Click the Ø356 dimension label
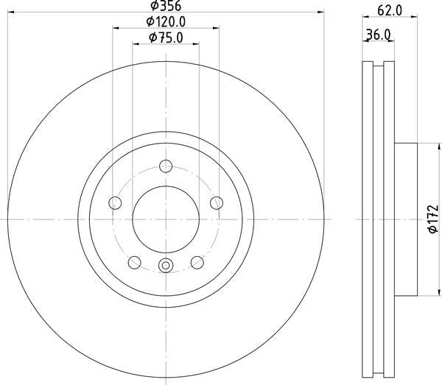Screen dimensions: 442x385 click(x=166, y=6)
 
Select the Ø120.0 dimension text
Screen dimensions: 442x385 click(x=166, y=21)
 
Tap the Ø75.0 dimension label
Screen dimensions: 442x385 click(x=166, y=38)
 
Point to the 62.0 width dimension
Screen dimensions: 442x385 click(x=390, y=11)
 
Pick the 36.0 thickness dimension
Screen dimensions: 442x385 click(x=379, y=35)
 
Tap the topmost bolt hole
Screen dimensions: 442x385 click(x=166, y=166)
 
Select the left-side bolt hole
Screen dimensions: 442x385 click(x=115, y=202)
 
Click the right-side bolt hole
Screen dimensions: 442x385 click(x=217, y=202)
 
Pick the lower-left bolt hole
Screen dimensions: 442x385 click(x=135, y=263)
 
